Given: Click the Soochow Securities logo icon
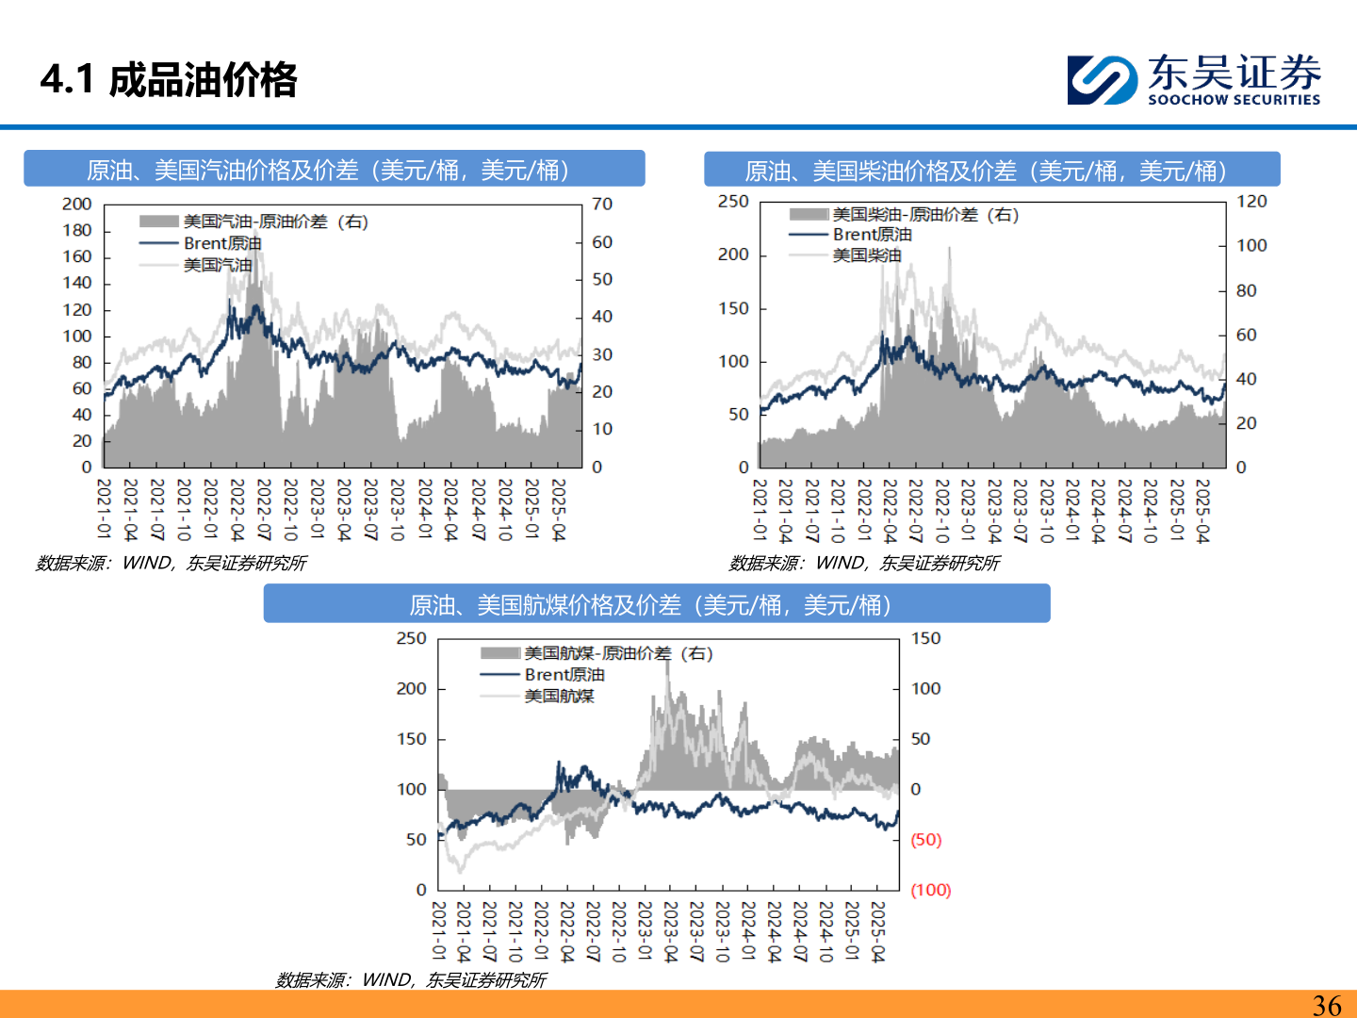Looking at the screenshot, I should click(1101, 79).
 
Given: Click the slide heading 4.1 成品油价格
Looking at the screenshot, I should click(169, 79).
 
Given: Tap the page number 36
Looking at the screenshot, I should click(1326, 1005).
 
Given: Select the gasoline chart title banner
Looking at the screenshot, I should click(334, 170).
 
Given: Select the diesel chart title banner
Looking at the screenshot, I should click(991, 171).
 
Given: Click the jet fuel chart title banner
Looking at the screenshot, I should click(656, 604).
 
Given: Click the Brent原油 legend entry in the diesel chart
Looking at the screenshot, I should click(872, 235).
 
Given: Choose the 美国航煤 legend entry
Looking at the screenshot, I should click(559, 696).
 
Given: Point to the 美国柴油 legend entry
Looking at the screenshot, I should click(866, 255).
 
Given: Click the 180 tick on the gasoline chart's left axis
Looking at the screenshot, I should click(77, 230).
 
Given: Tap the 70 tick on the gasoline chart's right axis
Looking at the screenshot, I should click(602, 204).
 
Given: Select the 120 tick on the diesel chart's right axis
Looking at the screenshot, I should click(1251, 201).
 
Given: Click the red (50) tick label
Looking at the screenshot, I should click(925, 839).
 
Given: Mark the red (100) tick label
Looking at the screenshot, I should click(930, 890).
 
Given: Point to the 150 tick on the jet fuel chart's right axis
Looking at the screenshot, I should click(925, 638).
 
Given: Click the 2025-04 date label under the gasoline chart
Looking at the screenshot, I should click(558, 509).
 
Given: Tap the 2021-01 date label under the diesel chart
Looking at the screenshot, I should click(760, 509).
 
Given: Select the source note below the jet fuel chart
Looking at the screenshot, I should click(411, 980).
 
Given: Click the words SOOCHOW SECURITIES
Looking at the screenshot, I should click(1234, 100).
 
